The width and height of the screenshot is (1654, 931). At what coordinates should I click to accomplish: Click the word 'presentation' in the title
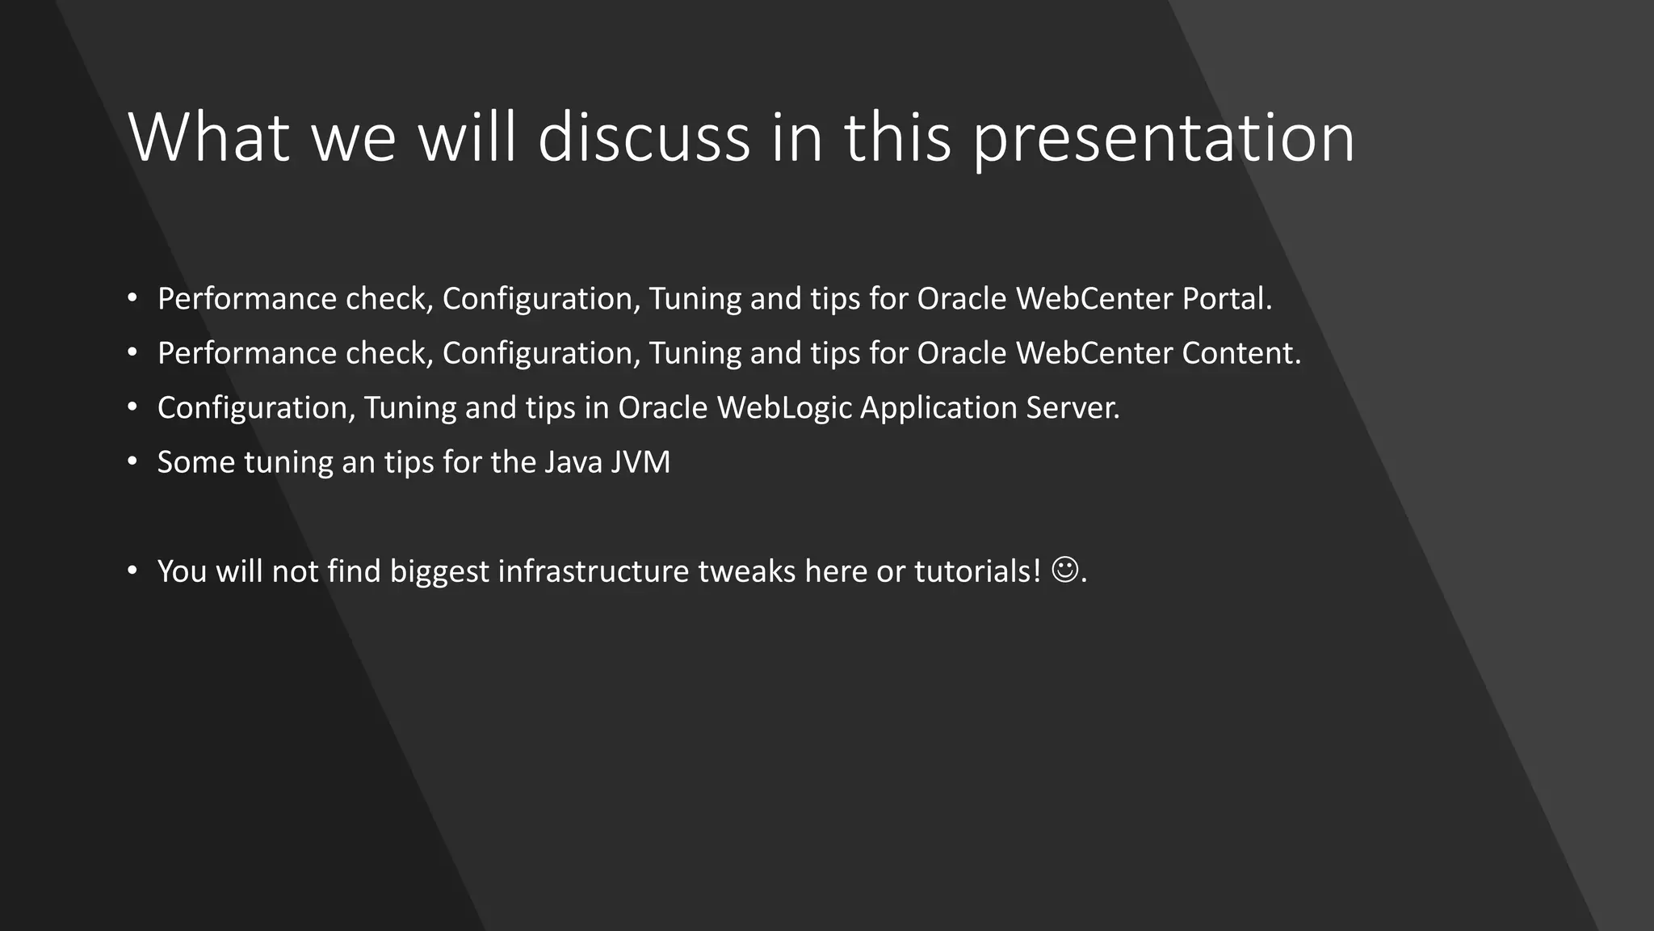click(x=1163, y=139)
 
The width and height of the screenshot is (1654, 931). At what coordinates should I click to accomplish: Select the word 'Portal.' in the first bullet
click(x=1227, y=299)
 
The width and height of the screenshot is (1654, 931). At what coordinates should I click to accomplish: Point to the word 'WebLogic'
click(x=784, y=407)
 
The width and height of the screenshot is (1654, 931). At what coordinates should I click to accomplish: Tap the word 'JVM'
click(x=640, y=462)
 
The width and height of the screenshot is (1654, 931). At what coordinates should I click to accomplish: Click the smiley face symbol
click(x=1064, y=570)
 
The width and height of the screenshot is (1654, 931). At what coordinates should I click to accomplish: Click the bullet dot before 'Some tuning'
click(x=132, y=462)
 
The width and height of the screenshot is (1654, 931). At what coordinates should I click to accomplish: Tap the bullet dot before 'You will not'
click(x=132, y=571)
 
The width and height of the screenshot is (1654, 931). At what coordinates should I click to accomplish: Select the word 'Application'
click(x=938, y=409)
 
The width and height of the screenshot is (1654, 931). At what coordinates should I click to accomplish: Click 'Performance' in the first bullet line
click(x=247, y=299)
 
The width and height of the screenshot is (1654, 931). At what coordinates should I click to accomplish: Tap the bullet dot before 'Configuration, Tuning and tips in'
click(x=132, y=407)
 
